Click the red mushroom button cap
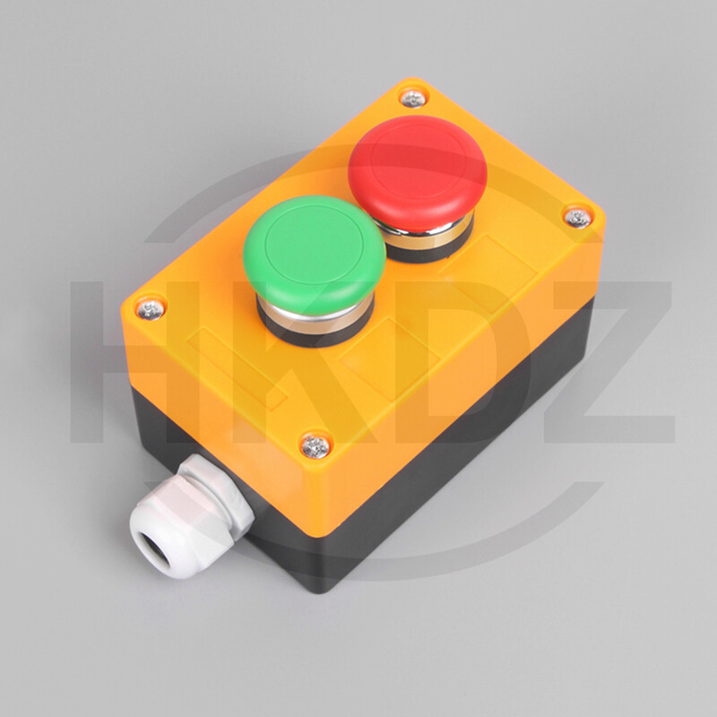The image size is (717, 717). pos(417,166)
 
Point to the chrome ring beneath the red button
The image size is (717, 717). pos(421,235)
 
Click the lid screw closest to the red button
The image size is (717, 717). pos(411,99)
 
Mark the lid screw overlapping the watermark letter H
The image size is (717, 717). pos(150,309)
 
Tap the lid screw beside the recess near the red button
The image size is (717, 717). pos(575,216)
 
